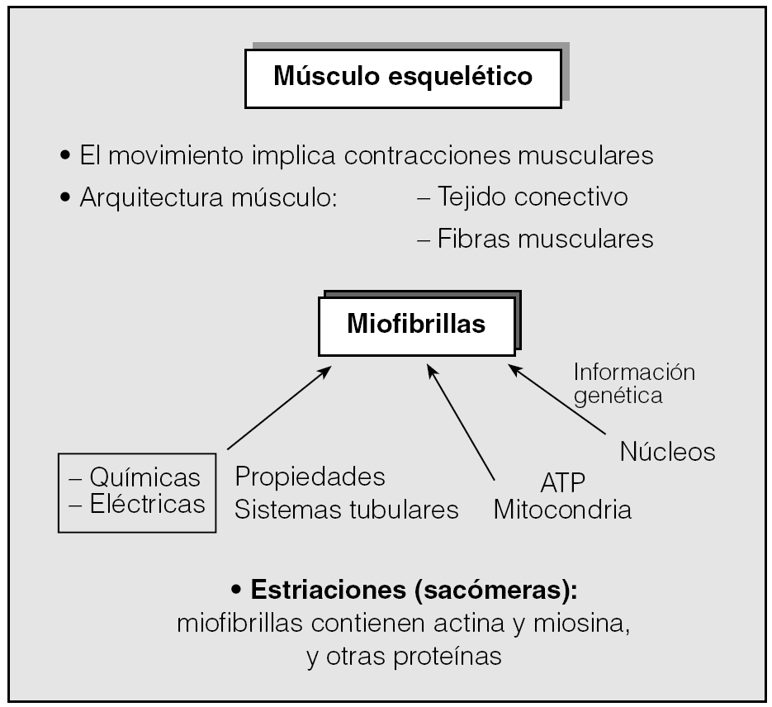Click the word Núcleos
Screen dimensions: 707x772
click(x=667, y=453)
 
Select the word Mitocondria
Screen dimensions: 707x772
click(x=562, y=510)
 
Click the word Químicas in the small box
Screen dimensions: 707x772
click(x=145, y=477)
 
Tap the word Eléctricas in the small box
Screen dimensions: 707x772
click(x=147, y=504)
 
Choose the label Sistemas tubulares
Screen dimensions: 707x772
click(x=346, y=510)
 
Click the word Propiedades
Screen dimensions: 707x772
click(x=310, y=477)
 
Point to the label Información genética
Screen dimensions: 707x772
click(x=633, y=383)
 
